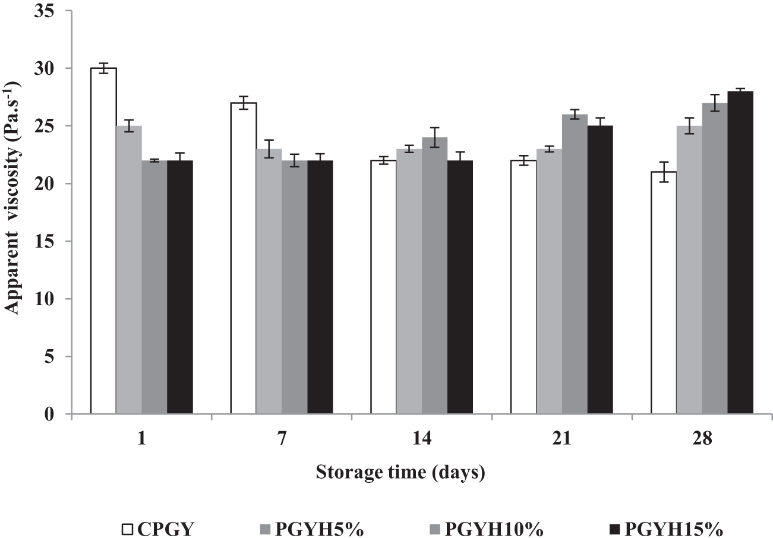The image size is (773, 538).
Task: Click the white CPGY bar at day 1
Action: [x=103, y=240]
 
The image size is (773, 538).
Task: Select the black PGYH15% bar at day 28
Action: [x=740, y=252]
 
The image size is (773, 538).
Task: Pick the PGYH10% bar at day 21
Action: [x=575, y=264]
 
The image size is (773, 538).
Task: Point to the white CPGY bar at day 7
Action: [x=244, y=258]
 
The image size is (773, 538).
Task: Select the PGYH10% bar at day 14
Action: [x=434, y=276]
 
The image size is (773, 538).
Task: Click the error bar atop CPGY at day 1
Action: [x=103, y=68]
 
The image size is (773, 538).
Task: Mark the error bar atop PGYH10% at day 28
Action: [x=715, y=103]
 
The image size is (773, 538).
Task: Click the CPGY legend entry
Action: [x=155, y=527]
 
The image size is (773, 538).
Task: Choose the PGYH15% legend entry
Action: [x=667, y=527]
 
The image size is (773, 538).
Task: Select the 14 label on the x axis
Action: [x=421, y=439]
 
